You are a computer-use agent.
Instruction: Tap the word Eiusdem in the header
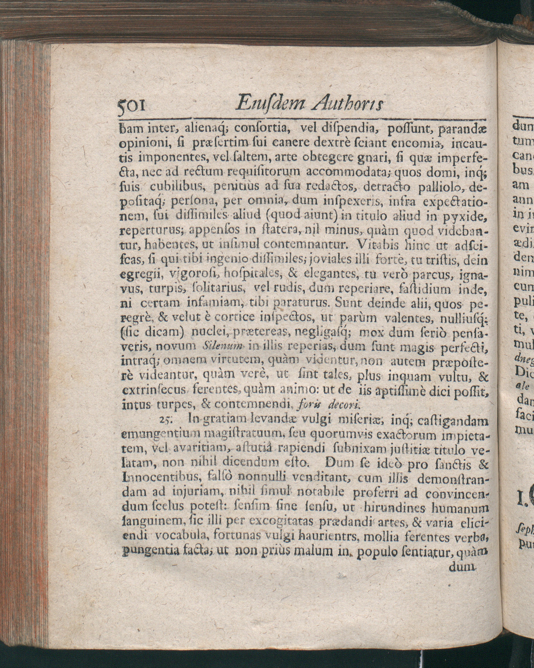[269, 103]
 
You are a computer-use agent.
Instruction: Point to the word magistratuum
[246, 435]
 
